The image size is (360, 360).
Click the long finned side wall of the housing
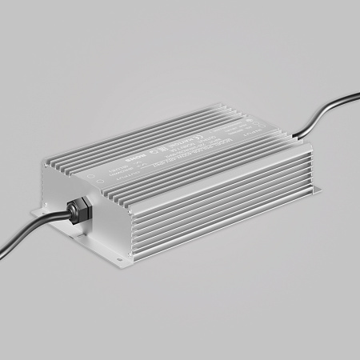[x=216, y=208]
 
